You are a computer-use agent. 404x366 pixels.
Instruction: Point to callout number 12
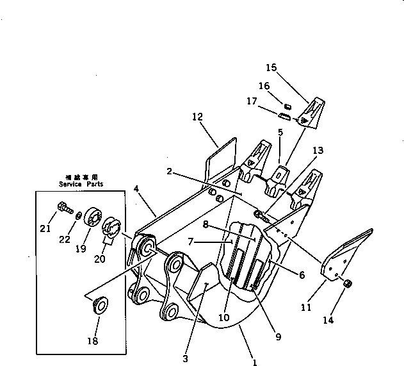(196, 117)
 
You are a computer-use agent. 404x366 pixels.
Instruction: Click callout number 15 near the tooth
(271, 67)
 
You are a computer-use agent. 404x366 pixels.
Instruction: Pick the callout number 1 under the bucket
(254, 362)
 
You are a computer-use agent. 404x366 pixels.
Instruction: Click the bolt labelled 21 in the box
(63, 208)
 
